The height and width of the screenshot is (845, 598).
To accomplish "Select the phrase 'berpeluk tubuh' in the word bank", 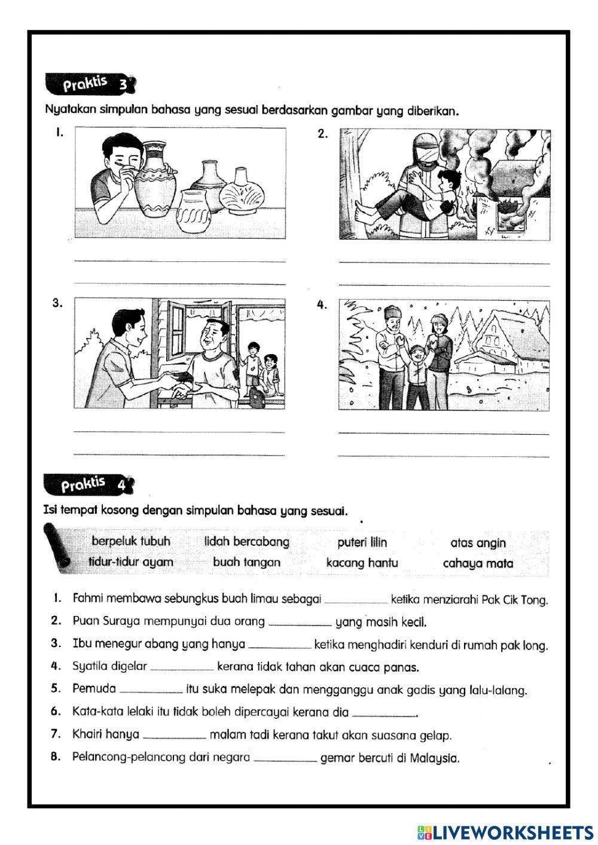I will [x=131, y=541].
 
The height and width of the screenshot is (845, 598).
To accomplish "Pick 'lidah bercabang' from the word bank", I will [x=246, y=542].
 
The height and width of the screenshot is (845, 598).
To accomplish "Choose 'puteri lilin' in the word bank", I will [x=362, y=542].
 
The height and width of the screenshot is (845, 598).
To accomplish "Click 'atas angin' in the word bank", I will [x=477, y=543].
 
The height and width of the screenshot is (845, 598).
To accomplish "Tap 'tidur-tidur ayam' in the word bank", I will [x=130, y=562].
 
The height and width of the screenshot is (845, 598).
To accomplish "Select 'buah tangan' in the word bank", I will [x=246, y=562].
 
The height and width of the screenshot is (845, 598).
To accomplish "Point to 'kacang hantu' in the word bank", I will [x=362, y=563].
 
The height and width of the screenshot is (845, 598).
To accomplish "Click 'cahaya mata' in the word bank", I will [x=477, y=563].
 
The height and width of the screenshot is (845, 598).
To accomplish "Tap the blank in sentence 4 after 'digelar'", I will [x=182, y=667].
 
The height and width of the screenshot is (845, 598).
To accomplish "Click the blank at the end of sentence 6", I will [x=384, y=713].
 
